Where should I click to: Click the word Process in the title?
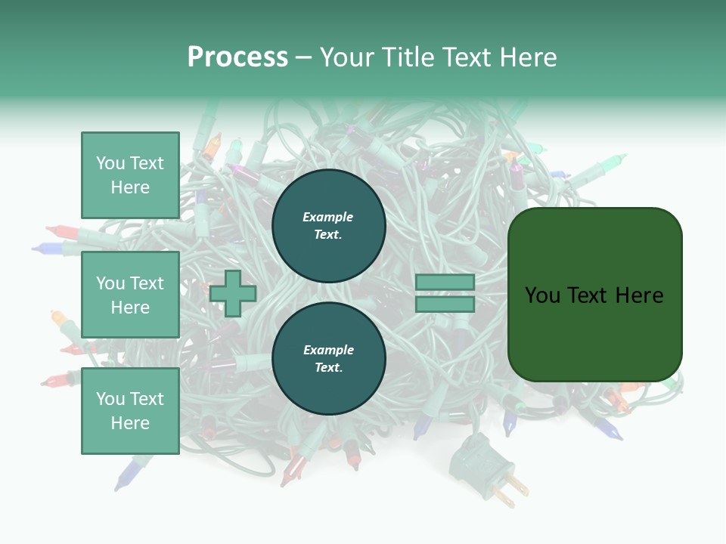click(x=237, y=57)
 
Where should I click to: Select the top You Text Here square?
click(x=130, y=175)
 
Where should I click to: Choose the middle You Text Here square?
click(x=130, y=295)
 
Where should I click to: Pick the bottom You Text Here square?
click(x=130, y=411)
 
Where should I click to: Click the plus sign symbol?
click(x=233, y=293)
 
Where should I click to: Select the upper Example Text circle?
click(x=328, y=226)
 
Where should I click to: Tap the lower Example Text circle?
click(x=328, y=359)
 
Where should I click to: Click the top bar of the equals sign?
click(x=445, y=282)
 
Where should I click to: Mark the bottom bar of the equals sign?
click(x=445, y=304)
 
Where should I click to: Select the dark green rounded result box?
click(x=594, y=295)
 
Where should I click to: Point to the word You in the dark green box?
click(x=543, y=295)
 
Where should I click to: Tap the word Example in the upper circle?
click(x=328, y=217)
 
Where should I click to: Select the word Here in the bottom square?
click(x=130, y=423)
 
